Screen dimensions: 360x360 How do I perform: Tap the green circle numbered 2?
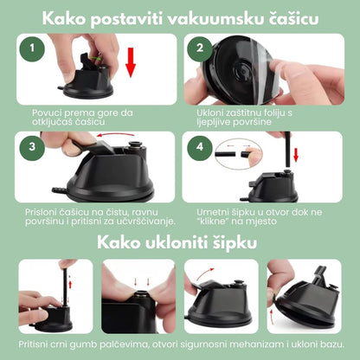[202, 48]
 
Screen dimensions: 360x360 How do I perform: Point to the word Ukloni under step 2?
[211, 112]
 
